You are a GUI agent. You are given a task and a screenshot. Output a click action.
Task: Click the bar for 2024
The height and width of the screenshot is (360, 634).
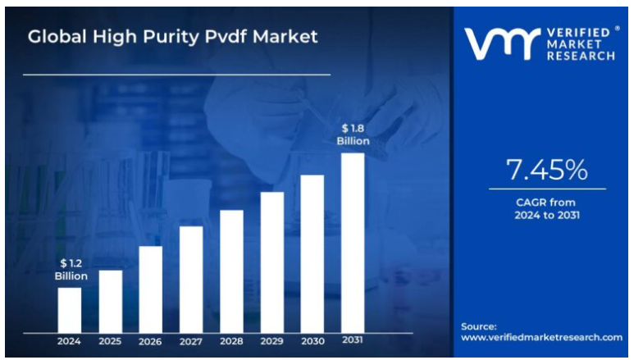(70, 310)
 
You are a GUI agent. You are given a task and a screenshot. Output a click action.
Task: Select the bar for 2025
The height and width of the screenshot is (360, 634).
(111, 301)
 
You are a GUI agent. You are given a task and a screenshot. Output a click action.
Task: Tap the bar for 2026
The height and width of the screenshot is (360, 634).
(151, 289)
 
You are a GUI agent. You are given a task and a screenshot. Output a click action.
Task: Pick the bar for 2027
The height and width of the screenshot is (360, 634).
(191, 280)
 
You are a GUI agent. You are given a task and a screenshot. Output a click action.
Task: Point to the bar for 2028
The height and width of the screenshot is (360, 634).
(231, 271)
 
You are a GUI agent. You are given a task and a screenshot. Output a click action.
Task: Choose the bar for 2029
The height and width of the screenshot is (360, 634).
(272, 262)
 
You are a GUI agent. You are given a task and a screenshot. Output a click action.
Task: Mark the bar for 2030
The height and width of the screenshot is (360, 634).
(312, 253)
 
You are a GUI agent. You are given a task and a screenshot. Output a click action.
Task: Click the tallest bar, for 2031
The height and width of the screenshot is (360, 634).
(353, 243)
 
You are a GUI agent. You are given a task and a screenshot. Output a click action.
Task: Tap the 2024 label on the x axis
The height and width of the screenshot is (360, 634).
(70, 341)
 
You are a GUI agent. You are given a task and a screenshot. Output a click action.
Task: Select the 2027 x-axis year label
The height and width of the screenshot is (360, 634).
(191, 341)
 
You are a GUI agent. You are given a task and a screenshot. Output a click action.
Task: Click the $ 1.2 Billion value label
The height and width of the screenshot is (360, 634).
(71, 269)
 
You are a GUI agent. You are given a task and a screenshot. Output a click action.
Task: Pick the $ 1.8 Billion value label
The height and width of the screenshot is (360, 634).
(353, 134)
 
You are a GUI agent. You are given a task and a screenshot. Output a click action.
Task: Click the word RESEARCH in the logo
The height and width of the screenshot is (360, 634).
(579, 56)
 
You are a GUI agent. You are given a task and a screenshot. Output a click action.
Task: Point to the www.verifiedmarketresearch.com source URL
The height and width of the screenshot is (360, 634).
(541, 337)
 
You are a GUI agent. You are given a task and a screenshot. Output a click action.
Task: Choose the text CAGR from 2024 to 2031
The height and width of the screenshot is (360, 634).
(546, 208)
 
